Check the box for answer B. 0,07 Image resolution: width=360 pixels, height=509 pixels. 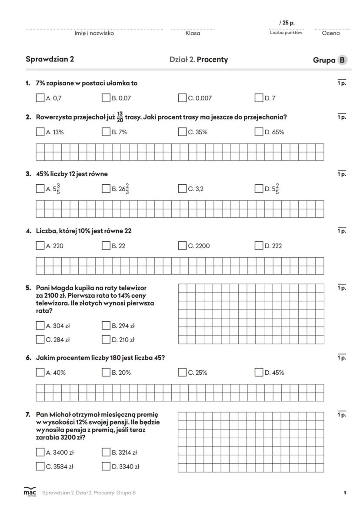coord(106,98)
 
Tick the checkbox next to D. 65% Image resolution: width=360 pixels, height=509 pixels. coord(259,132)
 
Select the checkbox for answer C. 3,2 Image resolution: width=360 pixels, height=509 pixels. coord(183,189)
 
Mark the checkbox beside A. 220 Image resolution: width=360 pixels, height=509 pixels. coord(40,246)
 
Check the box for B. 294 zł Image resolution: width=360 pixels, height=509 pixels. coord(106,326)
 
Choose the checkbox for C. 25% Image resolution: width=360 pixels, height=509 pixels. coord(183,372)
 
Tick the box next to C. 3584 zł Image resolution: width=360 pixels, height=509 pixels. coord(40,466)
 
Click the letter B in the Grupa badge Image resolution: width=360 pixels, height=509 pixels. coord(343,60)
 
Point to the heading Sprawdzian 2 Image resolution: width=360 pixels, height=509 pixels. coord(50,60)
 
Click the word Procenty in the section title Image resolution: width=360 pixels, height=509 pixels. coord(212,60)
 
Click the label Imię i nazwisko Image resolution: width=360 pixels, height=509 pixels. coord(94,33)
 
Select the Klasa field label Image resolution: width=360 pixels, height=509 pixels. coord(193,33)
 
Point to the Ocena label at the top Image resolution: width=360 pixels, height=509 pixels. coord(331,33)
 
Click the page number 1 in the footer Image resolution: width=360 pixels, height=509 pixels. coord(345,492)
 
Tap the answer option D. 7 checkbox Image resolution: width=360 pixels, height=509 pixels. coord(259,98)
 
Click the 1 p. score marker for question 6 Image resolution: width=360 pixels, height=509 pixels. coord(342,358)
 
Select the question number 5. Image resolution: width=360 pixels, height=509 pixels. coord(28,288)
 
